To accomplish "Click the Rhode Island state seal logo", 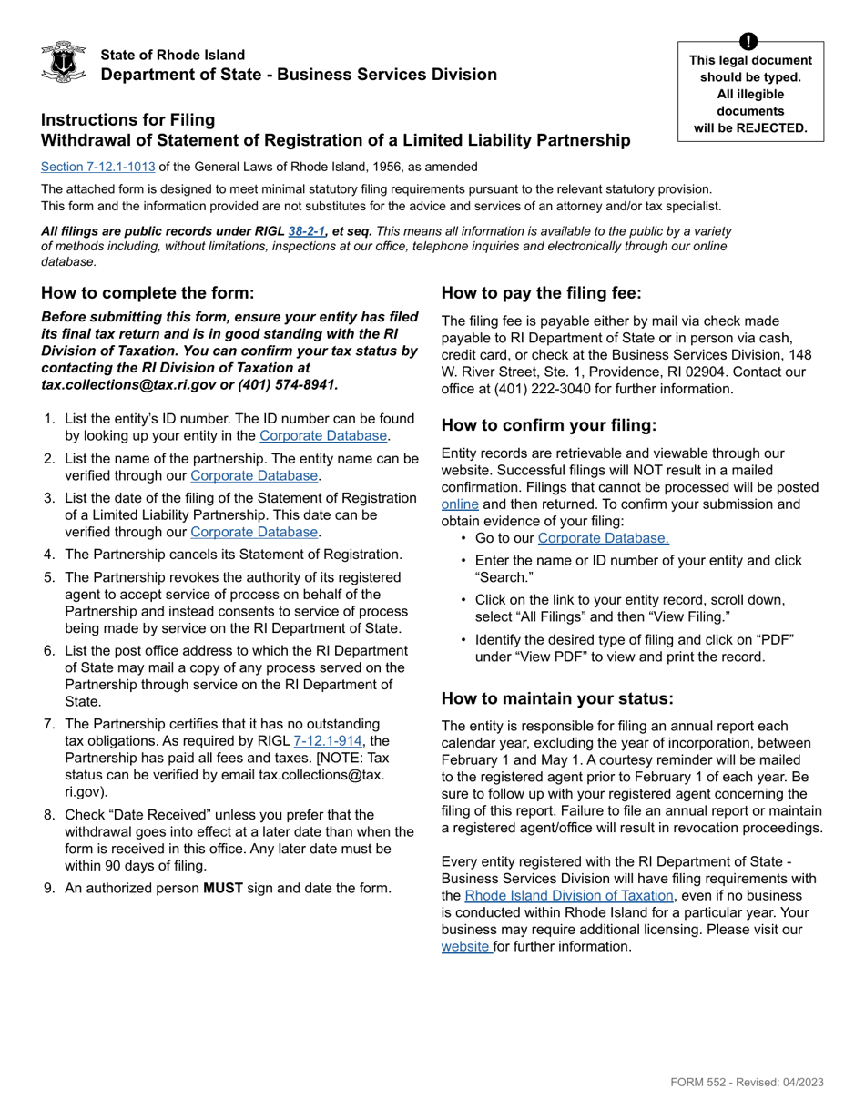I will [x=64, y=62].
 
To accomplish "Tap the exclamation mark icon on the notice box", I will [x=748, y=41].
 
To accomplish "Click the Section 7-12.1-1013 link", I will [x=97, y=167].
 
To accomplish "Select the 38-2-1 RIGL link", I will [x=307, y=231].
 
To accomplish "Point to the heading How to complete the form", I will [x=148, y=292].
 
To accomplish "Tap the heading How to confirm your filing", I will [x=549, y=425].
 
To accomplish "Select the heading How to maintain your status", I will [x=557, y=698].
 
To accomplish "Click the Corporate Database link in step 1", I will [x=323, y=436].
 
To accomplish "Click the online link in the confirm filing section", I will [x=460, y=504].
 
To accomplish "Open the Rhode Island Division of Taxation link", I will [x=569, y=896].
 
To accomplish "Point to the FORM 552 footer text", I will [x=747, y=1082].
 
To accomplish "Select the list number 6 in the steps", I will [x=49, y=651].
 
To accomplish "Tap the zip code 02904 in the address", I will [x=713, y=372].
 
